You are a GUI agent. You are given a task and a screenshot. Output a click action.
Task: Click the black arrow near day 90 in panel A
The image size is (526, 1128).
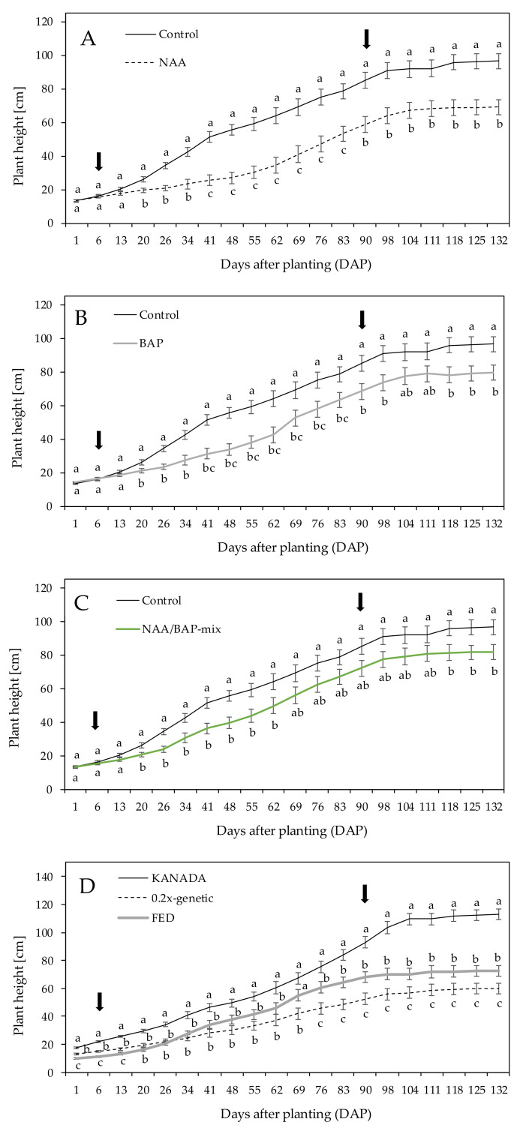pos(366,39)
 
